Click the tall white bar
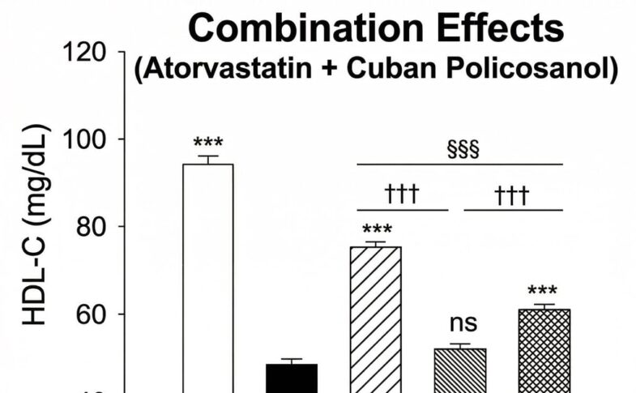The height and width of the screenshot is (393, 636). (208, 276)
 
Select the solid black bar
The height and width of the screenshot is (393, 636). (292, 378)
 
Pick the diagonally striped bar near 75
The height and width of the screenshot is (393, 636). (376, 320)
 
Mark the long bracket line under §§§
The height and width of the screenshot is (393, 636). (460, 164)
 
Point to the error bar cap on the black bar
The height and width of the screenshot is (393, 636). (292, 359)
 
